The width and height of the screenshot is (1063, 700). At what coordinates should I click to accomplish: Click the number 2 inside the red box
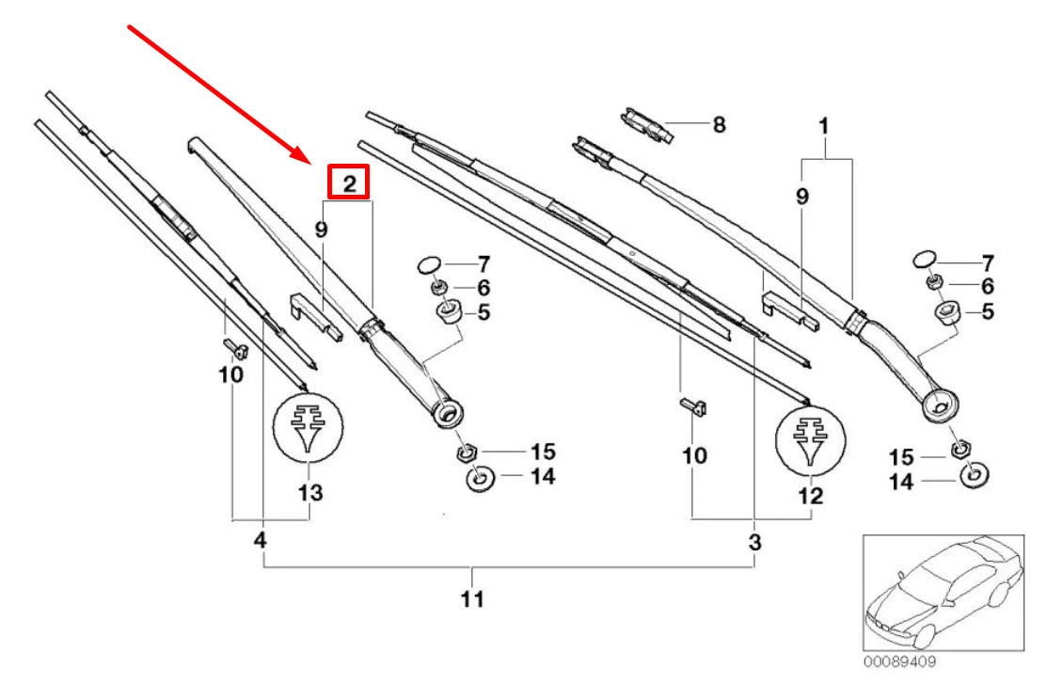[x=348, y=183]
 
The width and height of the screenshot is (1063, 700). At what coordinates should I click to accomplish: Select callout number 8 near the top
[x=719, y=124]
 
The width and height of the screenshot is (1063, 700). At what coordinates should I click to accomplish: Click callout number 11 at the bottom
[x=473, y=599]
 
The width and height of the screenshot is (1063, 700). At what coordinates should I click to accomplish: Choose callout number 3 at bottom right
[x=754, y=543]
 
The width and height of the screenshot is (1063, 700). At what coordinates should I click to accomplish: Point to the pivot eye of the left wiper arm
[x=448, y=413]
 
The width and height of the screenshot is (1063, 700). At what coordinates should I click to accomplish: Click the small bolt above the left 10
[x=236, y=350]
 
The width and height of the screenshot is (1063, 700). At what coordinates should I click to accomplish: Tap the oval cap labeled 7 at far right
[x=924, y=258]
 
